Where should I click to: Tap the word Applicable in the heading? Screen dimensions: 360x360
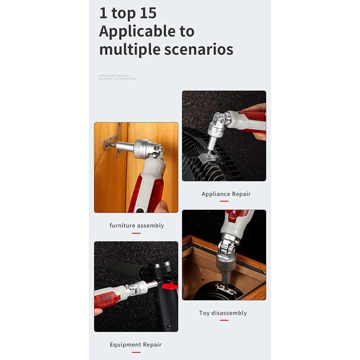point(147,31)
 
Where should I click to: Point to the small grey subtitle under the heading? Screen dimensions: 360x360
point(117,77)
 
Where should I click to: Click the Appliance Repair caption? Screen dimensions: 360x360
point(226,194)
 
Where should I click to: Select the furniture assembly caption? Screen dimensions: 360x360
point(136,225)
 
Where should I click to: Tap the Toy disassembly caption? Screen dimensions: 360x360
point(223,313)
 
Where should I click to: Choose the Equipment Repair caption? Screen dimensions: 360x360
point(135,345)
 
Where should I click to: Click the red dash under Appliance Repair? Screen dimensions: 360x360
point(224,202)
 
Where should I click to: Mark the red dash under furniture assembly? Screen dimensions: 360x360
point(136,233)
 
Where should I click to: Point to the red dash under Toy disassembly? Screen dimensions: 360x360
point(224,320)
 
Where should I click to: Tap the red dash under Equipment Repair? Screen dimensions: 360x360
point(135,352)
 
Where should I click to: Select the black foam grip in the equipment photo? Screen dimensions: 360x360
point(121,269)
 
